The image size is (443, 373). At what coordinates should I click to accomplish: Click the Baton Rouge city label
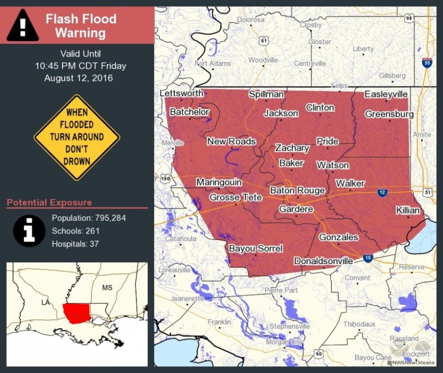[297, 191]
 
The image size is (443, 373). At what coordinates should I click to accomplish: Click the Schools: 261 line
[76, 231]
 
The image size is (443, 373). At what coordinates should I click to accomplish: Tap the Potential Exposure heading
[50, 203]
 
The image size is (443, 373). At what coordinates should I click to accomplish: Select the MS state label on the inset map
[107, 288]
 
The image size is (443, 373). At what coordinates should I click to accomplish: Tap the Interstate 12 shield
[382, 193]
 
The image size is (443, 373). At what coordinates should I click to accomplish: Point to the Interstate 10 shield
[368, 258]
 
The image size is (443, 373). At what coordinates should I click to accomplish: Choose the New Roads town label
[231, 141]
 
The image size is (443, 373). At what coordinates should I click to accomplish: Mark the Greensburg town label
[389, 114]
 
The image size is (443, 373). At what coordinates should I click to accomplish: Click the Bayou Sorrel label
[256, 248]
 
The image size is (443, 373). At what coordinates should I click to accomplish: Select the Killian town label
[408, 210]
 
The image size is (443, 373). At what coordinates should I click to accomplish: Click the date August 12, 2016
[78, 78]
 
